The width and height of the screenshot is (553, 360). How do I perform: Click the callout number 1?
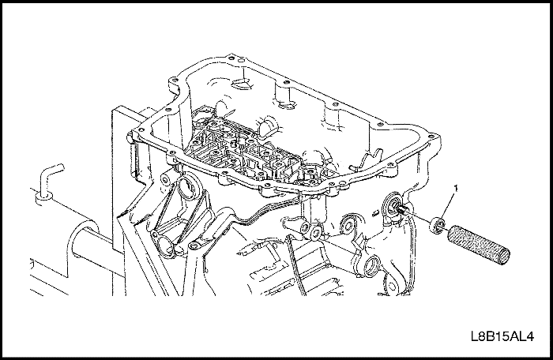coord(456,189)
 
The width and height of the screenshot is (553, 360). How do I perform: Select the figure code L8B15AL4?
coord(502,336)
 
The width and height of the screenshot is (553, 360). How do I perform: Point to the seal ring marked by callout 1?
coord(437,226)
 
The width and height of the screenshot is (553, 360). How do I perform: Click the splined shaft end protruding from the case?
coord(401,211)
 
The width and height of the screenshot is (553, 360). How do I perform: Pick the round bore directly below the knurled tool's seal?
coord(372,267)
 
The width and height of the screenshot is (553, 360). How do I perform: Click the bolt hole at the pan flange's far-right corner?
coord(431,135)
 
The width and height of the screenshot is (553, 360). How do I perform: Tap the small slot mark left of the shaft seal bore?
coord(375,212)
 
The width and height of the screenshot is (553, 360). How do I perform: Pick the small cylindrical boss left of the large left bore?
coord(165,180)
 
